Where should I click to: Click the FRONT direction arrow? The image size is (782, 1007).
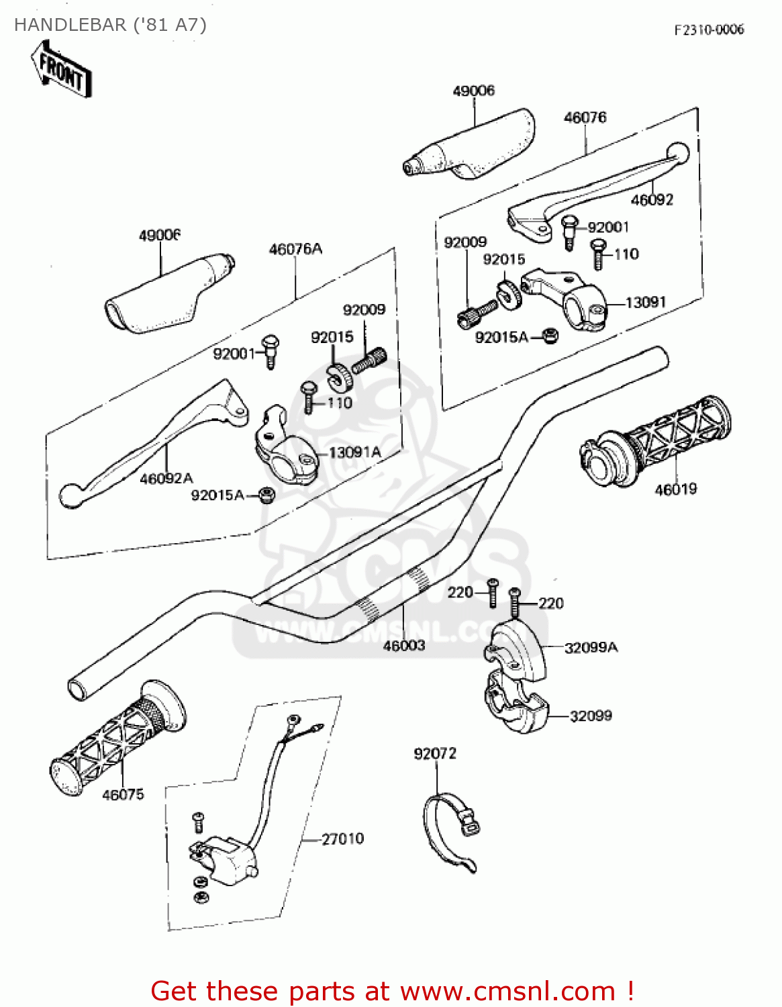[x=60, y=70]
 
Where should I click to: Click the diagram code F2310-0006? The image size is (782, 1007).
[x=709, y=30]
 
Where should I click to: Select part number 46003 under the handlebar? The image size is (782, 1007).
[x=404, y=646]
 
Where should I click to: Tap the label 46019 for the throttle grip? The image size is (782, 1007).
[x=676, y=489]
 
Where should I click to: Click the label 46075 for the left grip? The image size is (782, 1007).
[x=123, y=795]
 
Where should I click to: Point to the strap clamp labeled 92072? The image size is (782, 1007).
[x=448, y=829]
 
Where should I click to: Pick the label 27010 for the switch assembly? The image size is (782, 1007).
[x=342, y=839]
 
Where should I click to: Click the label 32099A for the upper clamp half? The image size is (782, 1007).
[x=591, y=648]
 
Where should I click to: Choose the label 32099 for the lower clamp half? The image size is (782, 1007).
[x=591, y=716]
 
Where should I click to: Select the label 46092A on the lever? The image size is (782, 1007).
[x=166, y=479]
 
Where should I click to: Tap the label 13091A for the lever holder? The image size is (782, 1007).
[x=354, y=452]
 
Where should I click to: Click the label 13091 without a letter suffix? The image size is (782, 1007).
[x=645, y=303]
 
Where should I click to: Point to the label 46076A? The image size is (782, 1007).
[x=295, y=249]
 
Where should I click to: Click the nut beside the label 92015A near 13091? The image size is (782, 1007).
[x=550, y=336]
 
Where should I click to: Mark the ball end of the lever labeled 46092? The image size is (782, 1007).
[x=679, y=152]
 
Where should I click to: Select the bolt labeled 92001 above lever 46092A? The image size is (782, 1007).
[x=271, y=350]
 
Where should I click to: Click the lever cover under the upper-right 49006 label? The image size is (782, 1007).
[x=473, y=146]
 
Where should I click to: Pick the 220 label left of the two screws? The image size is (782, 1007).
[x=460, y=592]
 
